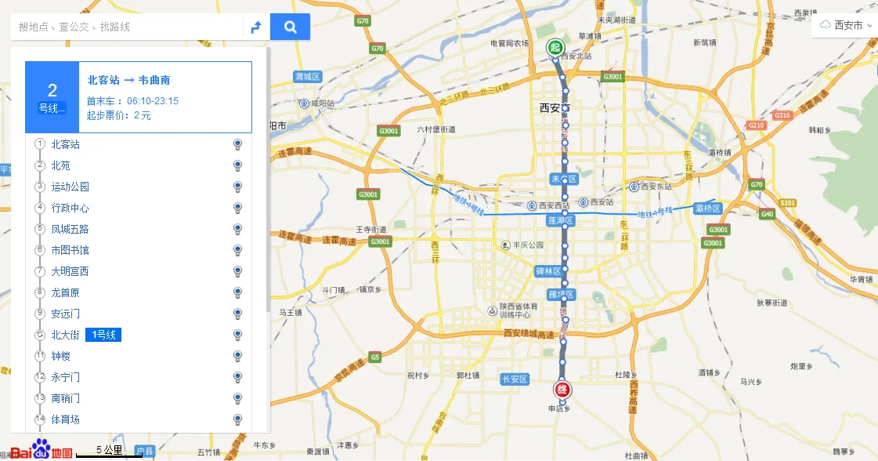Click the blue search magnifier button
tap(290, 27)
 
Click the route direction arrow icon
tap(255, 27)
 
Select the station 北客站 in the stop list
tap(65, 144)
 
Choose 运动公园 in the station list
tap(70, 187)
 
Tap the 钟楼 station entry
tap(60, 356)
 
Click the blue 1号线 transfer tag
tap(103, 335)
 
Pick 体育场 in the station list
tap(65, 419)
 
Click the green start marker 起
tap(555, 48)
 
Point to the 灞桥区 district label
tap(707, 209)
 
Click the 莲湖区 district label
tap(561, 221)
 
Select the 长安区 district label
tap(515, 379)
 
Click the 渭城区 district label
tap(308, 76)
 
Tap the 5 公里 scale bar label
tap(109, 450)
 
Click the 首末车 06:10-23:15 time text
tap(132, 100)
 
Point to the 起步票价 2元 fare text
tap(118, 115)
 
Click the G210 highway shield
tap(756, 125)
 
